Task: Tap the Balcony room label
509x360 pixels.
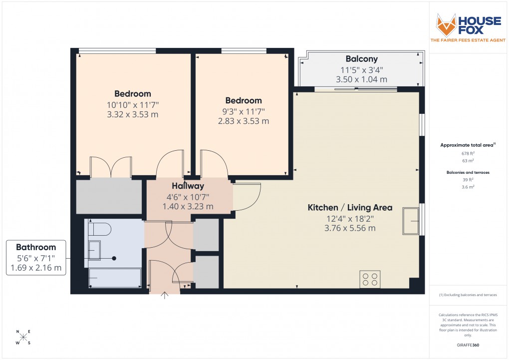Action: pos(361,59)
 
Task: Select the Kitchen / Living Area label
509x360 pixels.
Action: pos(350,208)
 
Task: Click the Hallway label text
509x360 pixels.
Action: pos(188,186)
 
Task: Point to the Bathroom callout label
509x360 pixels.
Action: pos(36,248)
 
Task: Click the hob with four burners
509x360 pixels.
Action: pos(370,279)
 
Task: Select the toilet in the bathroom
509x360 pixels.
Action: pos(99,229)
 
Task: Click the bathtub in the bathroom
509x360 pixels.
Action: pos(115,278)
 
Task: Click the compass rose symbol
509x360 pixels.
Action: pos(23,337)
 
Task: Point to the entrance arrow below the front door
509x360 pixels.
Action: pos(165,296)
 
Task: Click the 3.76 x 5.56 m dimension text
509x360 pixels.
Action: pos(350,228)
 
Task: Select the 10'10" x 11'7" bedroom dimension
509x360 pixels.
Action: pos(132,104)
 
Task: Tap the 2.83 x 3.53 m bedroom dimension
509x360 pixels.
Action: pos(243,121)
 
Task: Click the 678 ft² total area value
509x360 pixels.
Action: pos(468,153)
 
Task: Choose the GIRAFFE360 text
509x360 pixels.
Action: pos(468,345)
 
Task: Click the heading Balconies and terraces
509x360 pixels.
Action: pos(468,172)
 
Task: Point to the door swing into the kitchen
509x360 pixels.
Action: pos(248,197)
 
